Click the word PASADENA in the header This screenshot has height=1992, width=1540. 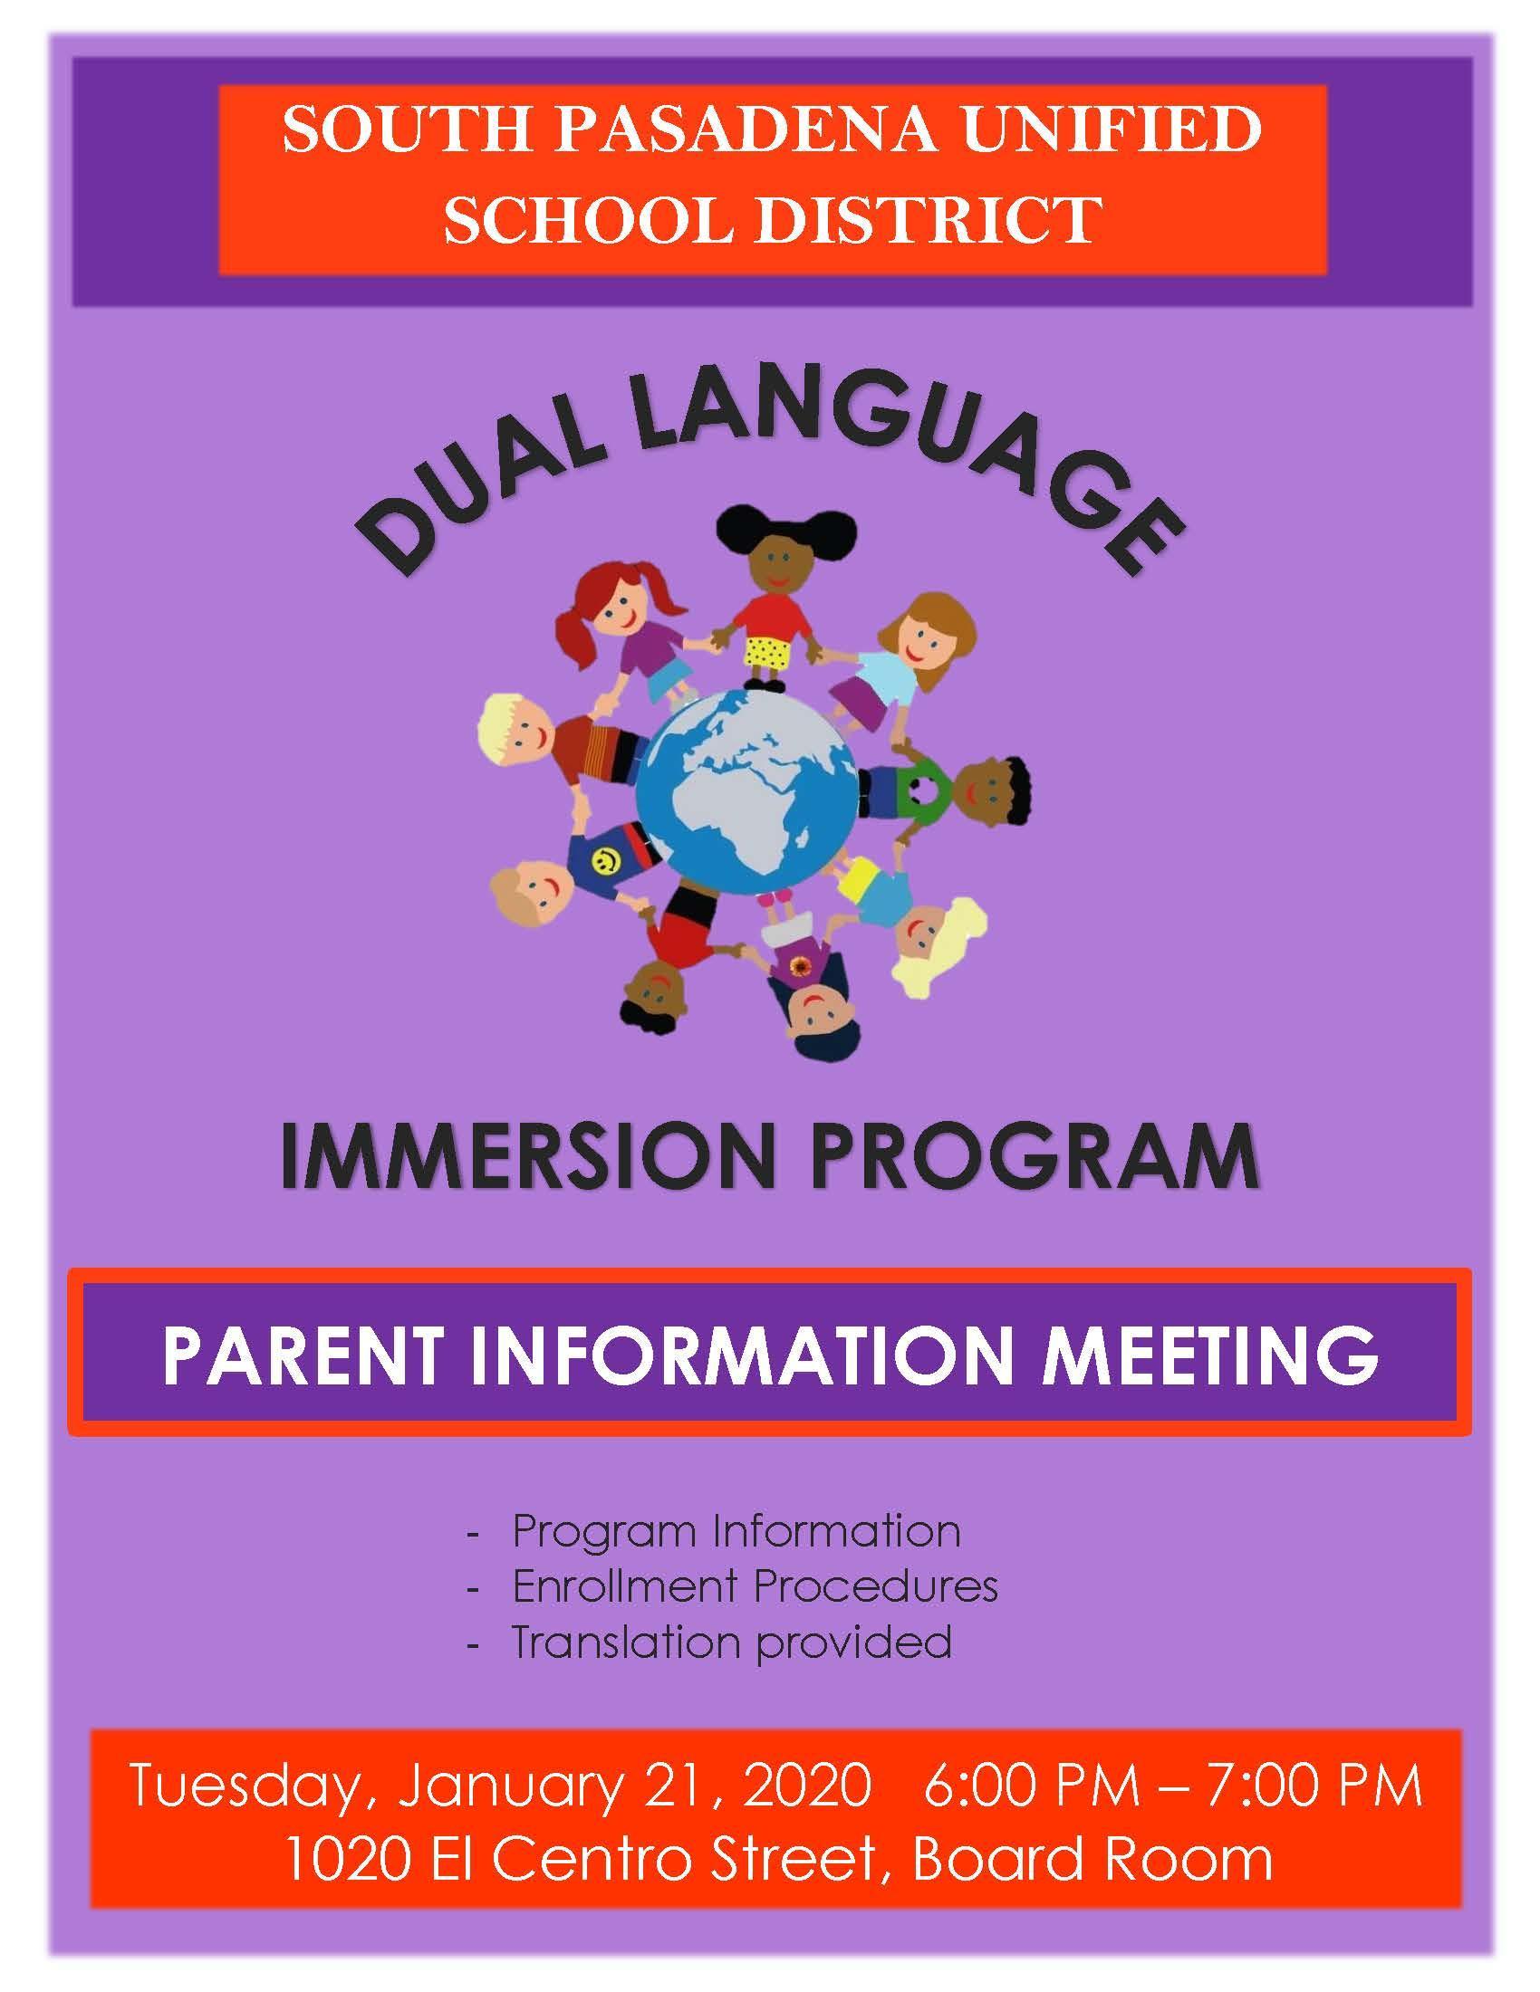756,130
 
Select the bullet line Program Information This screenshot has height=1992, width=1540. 736,1532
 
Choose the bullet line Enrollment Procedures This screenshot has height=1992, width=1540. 755,1588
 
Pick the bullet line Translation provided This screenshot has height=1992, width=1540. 731,1642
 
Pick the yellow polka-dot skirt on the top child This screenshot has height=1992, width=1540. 766,651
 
